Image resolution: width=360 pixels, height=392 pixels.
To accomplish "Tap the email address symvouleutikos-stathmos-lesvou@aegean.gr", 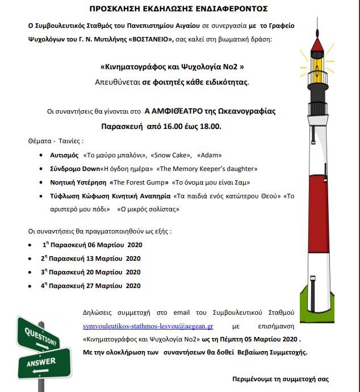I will click(148, 327).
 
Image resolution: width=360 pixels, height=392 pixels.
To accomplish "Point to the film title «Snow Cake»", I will click(169, 155).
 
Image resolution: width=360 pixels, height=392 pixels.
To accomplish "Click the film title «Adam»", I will click(210, 155).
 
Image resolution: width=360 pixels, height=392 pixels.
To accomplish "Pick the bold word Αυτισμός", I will click(65, 155).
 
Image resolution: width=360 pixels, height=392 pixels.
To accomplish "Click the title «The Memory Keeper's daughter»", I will click(207, 169).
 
